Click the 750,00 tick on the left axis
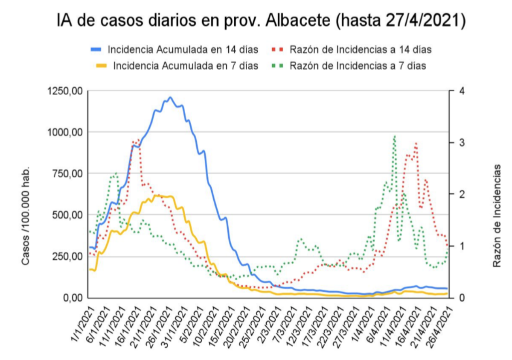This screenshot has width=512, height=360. coord(65,173)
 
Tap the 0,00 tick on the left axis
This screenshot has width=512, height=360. coord(72,298)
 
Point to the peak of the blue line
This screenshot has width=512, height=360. coord(170,97)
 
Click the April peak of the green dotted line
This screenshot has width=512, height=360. coord(395,136)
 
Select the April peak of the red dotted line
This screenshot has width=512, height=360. coord(416,143)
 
